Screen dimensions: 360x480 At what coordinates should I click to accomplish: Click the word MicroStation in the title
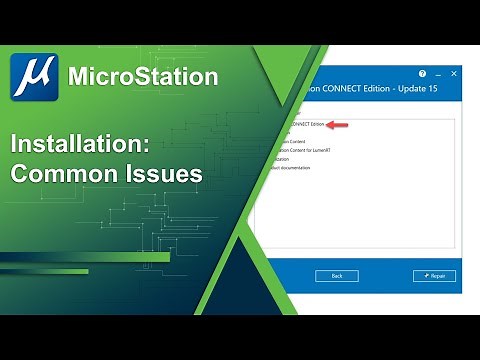[x=142, y=76]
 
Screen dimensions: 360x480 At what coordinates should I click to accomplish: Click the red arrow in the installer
[x=339, y=125]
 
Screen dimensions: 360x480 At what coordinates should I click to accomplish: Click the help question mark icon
[x=422, y=74]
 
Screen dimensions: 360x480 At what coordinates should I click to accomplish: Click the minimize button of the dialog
[x=436, y=74]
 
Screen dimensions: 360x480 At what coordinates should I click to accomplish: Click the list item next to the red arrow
[x=305, y=125]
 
